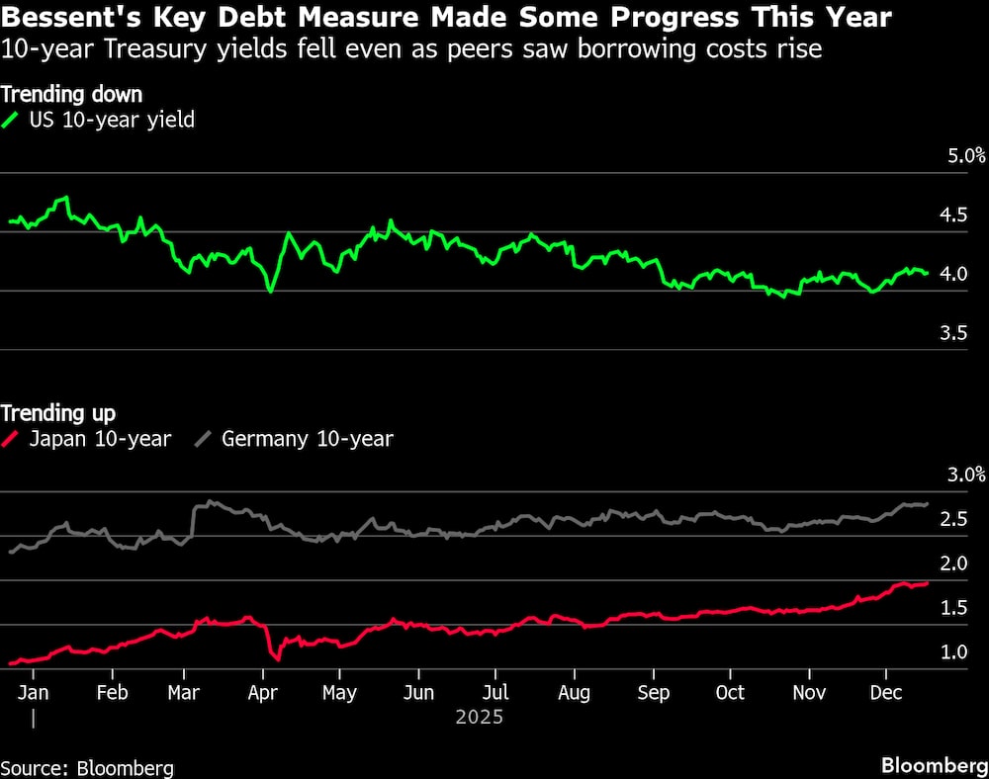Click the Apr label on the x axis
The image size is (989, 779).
[261, 692]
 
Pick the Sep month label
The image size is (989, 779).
[653, 692]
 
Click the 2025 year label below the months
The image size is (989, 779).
[480, 717]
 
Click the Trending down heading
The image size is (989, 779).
[71, 95]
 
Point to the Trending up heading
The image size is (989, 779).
[58, 412]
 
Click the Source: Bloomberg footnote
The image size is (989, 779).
[87, 768]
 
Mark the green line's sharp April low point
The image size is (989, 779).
[270, 291]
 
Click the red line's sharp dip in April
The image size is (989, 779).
[278, 657]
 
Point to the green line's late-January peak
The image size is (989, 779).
[66, 199]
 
